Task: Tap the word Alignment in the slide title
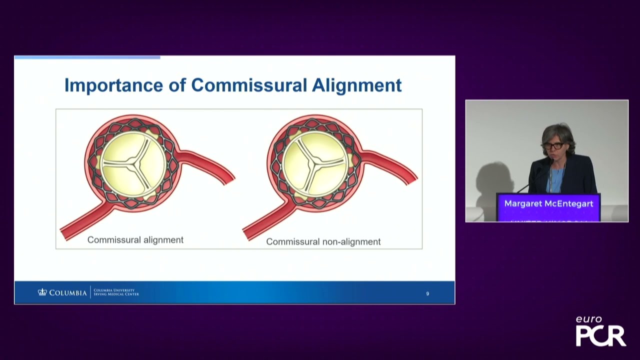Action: [x=356, y=85]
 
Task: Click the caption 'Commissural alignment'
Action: [x=135, y=240]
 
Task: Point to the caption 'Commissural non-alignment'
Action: [x=323, y=242]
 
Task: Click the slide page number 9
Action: [x=427, y=294]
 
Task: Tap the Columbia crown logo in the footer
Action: [x=42, y=292]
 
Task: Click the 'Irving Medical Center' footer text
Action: [x=116, y=294]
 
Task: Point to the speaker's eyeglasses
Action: [x=553, y=146]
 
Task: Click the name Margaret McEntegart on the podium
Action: [x=548, y=203]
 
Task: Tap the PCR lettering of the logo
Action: [x=600, y=335]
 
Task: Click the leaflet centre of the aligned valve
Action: [x=133, y=161]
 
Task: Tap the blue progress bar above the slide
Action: [x=87, y=57]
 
